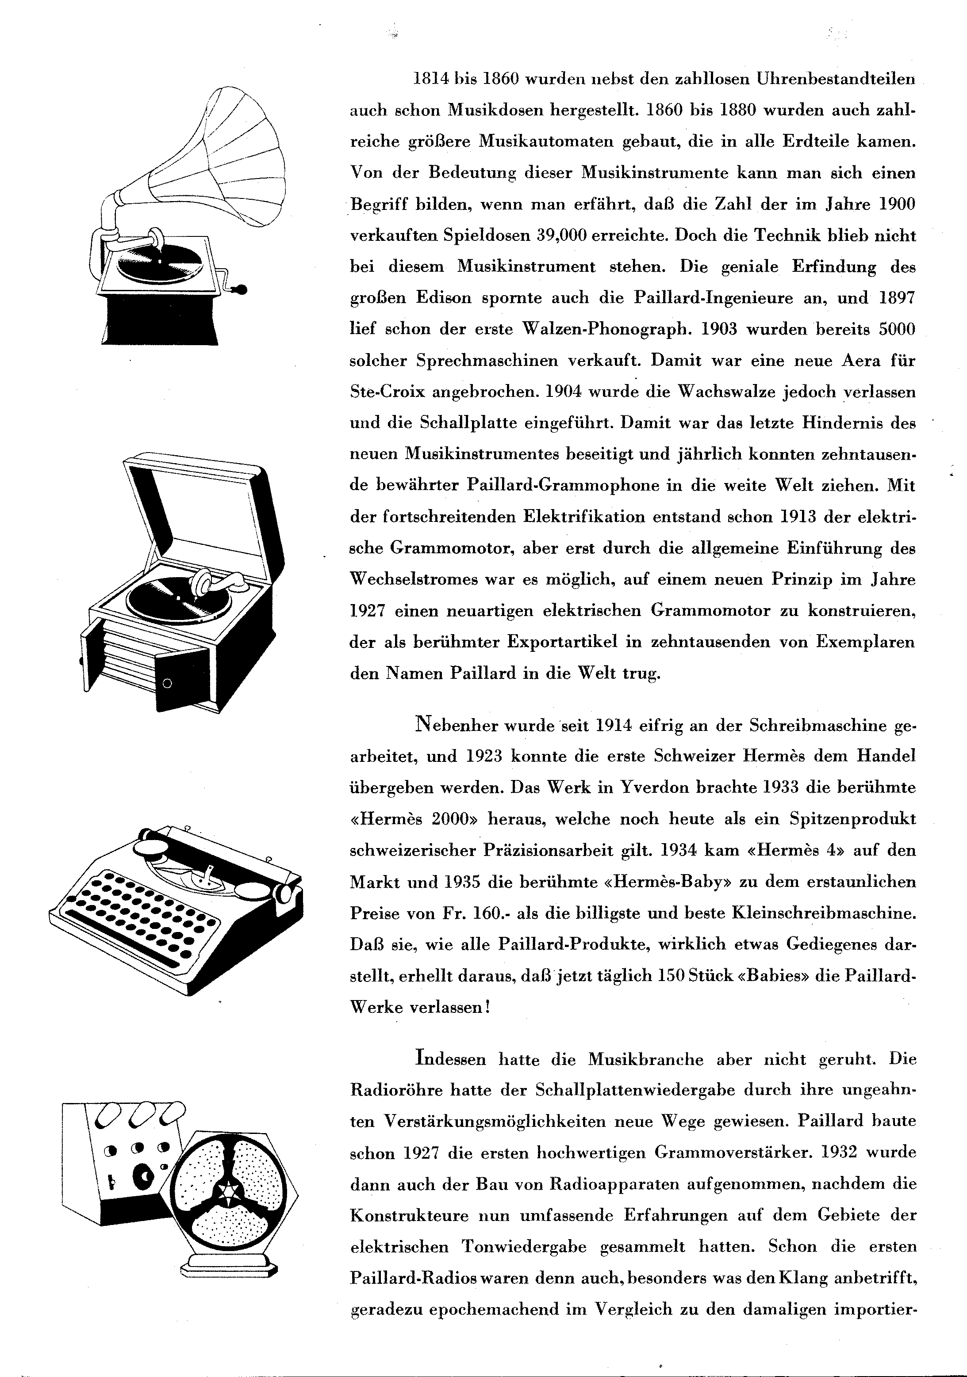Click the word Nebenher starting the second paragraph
456,725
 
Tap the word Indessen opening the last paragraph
450,1059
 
